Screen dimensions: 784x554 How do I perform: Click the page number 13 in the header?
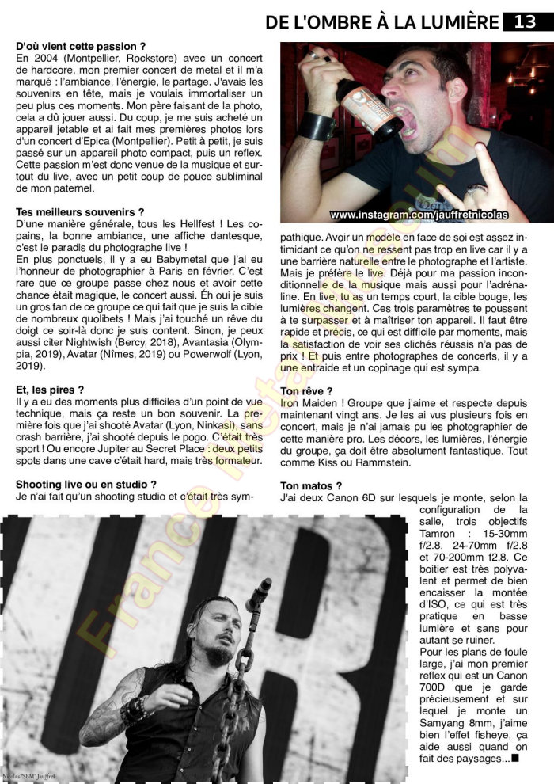526,21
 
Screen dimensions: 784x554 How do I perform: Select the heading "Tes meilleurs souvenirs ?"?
80,212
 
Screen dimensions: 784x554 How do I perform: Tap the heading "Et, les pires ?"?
50,390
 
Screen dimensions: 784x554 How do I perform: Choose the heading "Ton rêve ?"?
306,391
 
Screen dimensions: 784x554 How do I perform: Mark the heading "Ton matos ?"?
311,485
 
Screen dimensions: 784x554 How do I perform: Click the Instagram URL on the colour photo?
419,215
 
